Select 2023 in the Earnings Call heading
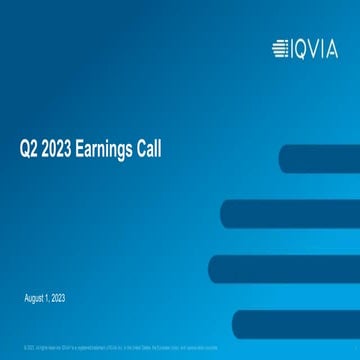[x=59, y=151]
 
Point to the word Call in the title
[x=148, y=151]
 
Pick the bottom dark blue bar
[x=295, y=323]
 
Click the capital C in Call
[x=140, y=151]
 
